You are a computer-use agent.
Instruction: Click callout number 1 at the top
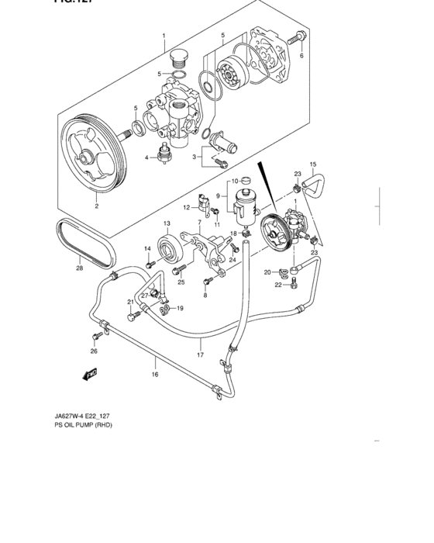pos(164,36)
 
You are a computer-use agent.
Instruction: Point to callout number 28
pos(79,269)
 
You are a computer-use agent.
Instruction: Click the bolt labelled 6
pos(295,37)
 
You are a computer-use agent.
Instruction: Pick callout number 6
pos(301,56)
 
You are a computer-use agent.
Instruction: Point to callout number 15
pos(313,164)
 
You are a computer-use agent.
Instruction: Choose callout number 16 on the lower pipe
pos(154,374)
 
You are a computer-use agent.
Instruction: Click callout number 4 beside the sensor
pos(146,157)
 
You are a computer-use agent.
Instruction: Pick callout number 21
pos(130,302)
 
